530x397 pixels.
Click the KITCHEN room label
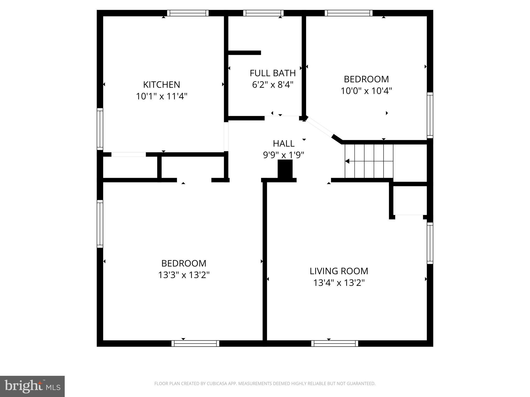161,85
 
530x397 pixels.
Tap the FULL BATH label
273,73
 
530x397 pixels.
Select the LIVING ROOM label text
339,271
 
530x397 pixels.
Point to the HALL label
283,143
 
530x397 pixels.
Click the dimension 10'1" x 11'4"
161,96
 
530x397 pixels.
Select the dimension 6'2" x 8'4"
273,85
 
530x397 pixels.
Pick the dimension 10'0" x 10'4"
366,91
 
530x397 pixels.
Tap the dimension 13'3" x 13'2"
184,275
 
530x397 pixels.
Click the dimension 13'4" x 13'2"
339,283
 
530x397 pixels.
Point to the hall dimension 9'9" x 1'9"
283,155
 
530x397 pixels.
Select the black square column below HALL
285,169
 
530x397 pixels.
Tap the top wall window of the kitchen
188,13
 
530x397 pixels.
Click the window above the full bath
263,13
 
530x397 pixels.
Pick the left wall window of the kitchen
100,129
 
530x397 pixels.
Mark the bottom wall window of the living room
335,343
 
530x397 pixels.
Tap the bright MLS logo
32,386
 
